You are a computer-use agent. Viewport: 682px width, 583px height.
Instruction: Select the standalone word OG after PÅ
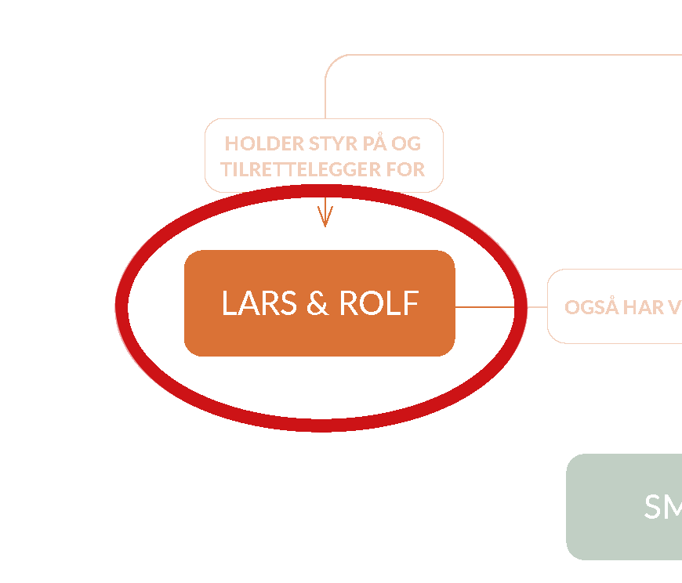tap(406, 143)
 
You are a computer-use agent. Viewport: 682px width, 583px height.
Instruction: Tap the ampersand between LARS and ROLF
tap(317, 303)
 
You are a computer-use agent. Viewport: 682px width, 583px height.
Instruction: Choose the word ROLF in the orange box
tap(379, 303)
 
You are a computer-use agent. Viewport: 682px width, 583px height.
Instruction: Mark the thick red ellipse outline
tap(121, 308)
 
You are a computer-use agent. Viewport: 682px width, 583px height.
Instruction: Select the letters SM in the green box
tap(662, 507)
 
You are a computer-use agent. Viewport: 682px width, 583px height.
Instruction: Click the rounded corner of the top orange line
tap(330, 60)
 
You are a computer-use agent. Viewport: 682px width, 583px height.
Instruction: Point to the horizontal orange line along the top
tap(510, 55)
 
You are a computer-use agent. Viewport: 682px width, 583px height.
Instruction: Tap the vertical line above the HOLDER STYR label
tap(325, 98)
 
